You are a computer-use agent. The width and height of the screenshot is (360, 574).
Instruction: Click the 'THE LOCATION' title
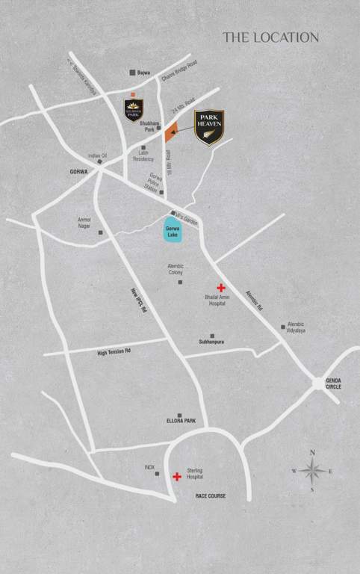click(x=270, y=37)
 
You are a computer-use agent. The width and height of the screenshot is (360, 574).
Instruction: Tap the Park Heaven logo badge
click(x=210, y=129)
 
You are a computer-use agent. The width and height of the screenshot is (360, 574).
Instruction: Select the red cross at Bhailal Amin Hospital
click(x=221, y=288)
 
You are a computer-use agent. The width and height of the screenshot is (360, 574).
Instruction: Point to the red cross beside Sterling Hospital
click(x=176, y=476)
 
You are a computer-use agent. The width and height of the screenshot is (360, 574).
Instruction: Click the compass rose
click(x=312, y=471)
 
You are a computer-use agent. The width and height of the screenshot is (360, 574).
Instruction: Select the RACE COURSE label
click(x=211, y=496)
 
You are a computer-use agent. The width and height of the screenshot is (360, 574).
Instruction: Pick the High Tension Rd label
click(x=114, y=351)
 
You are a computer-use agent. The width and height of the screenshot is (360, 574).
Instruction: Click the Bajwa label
click(x=144, y=72)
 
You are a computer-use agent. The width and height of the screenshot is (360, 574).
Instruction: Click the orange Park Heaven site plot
click(x=169, y=132)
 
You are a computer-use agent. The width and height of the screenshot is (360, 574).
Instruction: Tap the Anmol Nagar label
click(x=84, y=223)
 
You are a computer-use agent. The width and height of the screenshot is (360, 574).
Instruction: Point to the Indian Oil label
click(x=98, y=155)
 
